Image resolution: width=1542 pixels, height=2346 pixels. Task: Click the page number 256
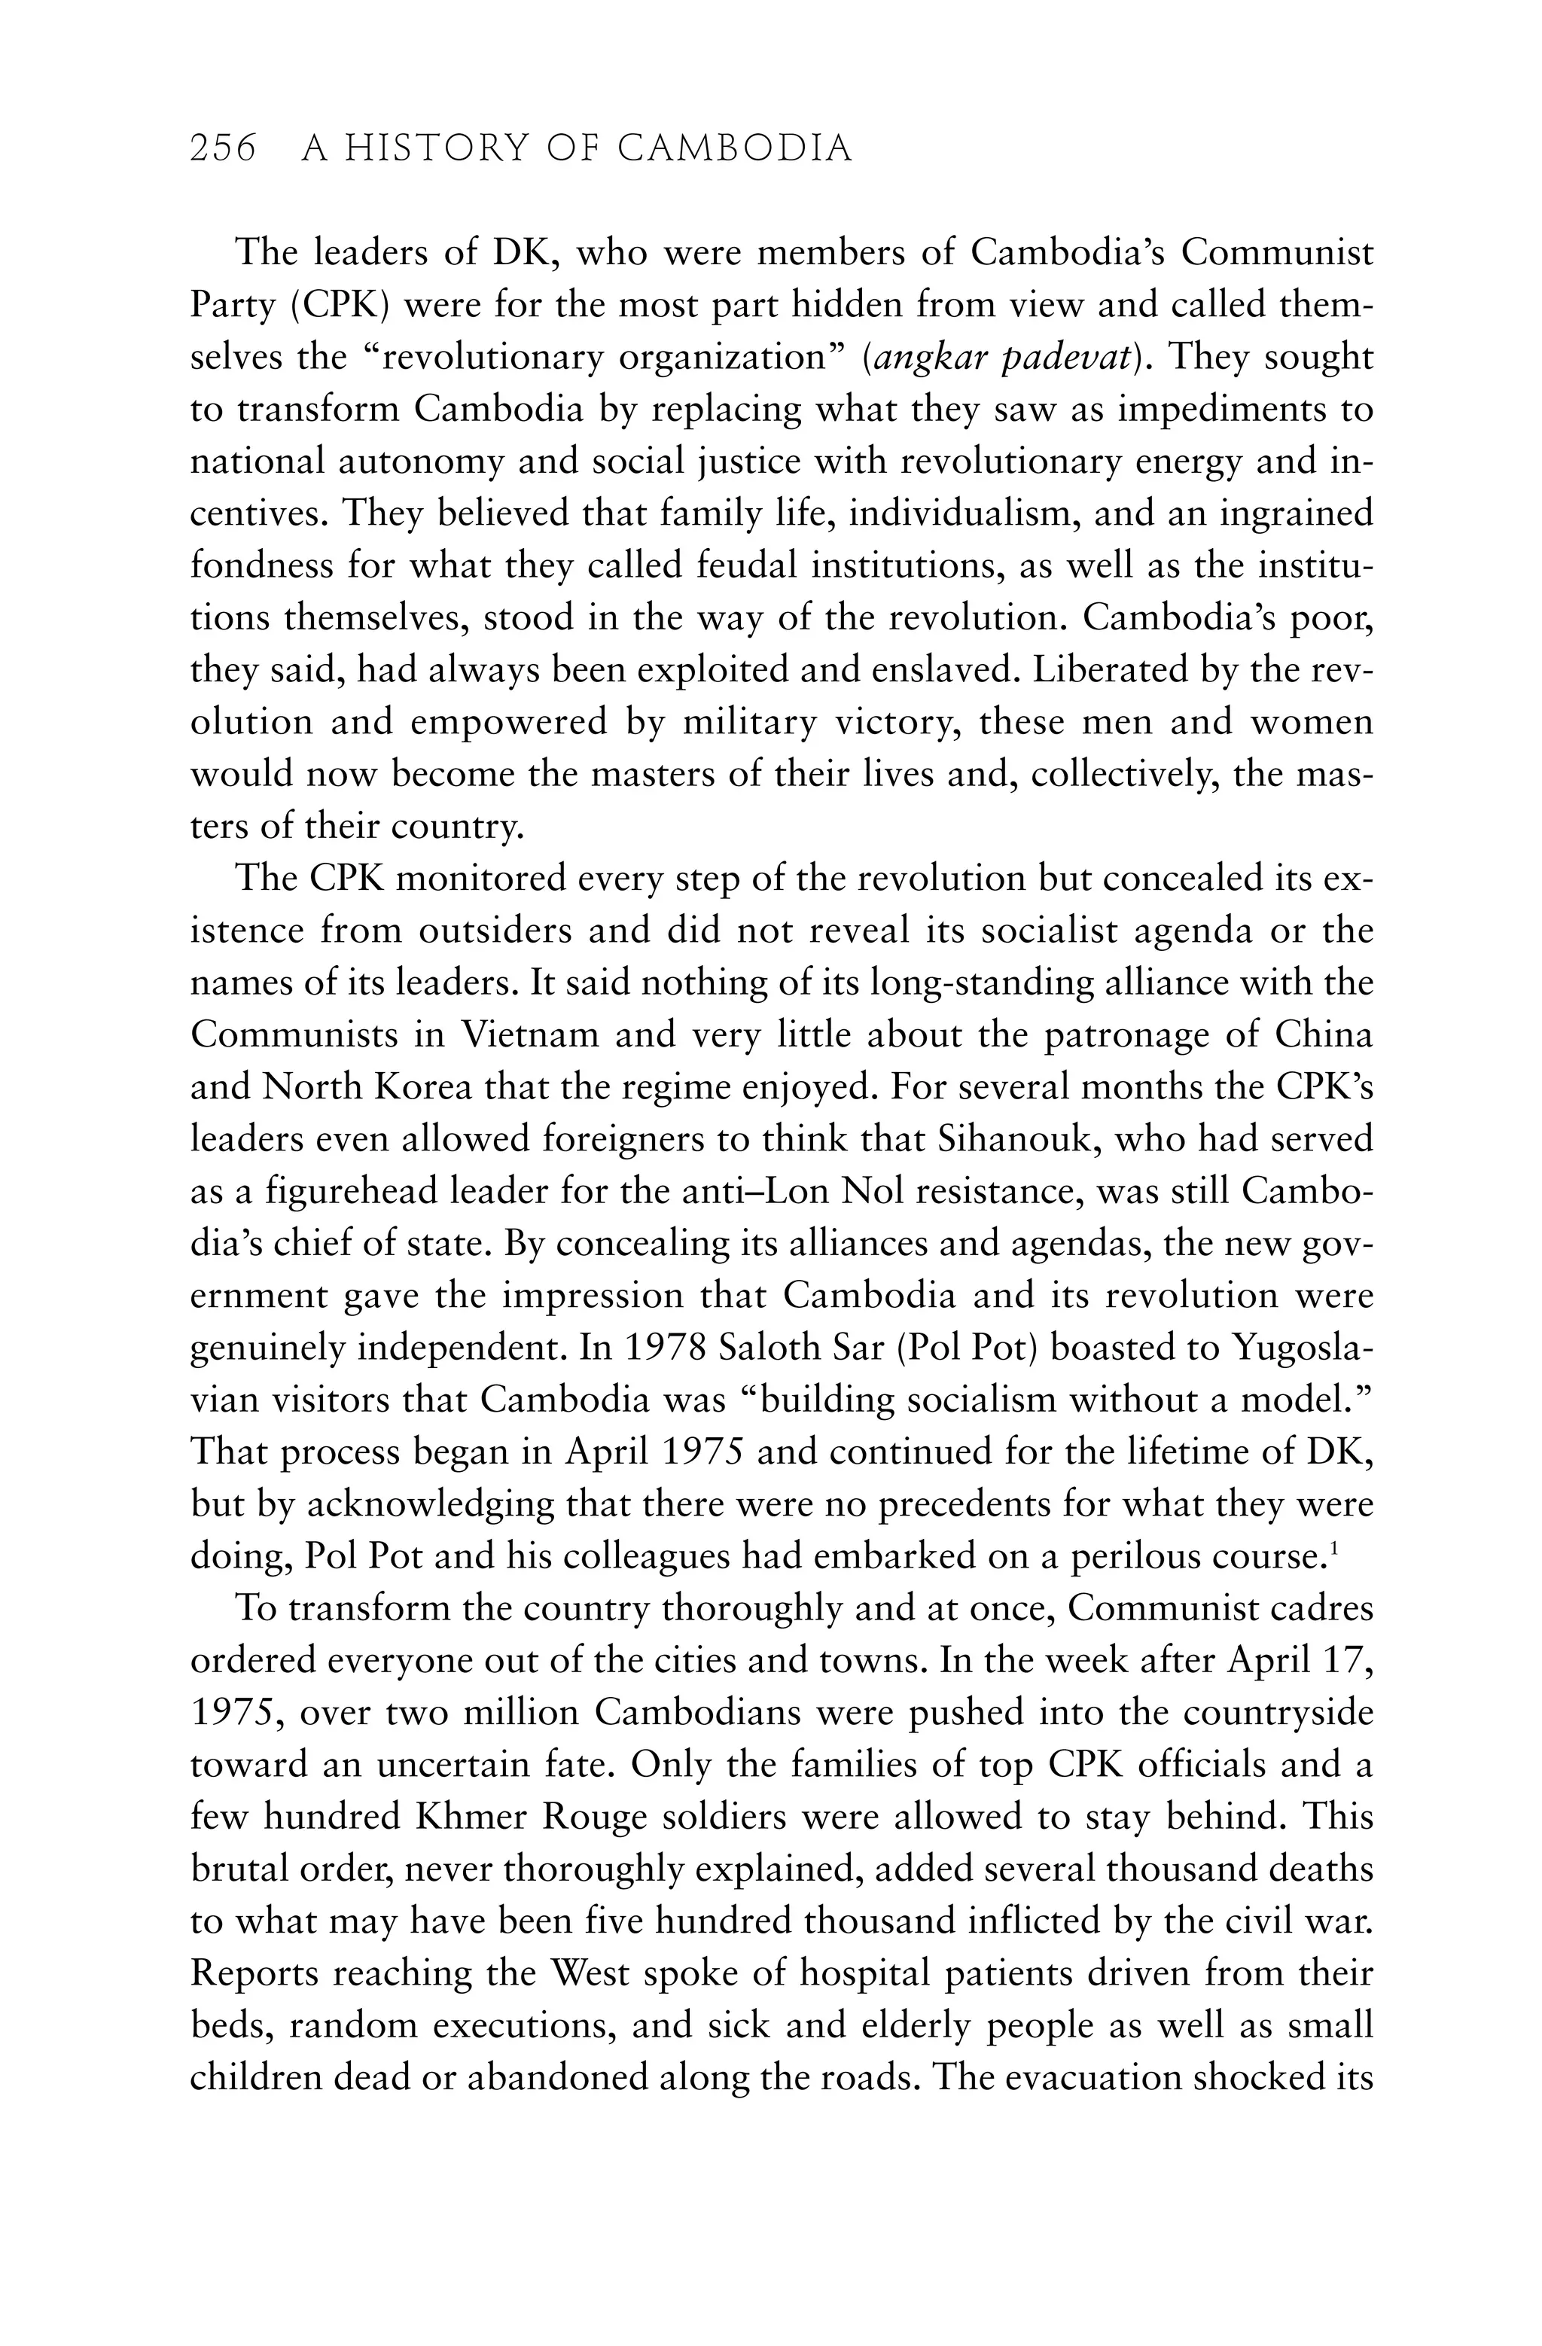223,149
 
